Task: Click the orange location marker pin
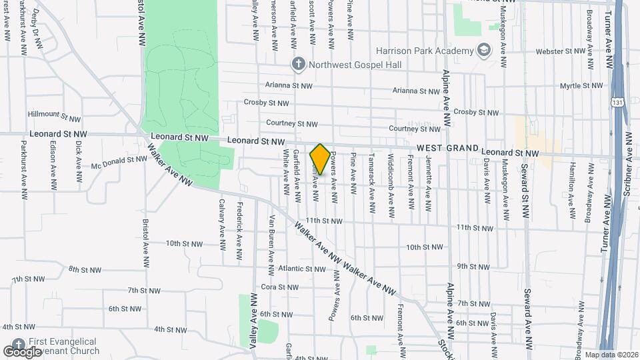pos(319,159)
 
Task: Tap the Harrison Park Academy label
pos(423,50)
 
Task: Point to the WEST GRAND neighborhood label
pos(448,148)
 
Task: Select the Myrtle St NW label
pos(581,86)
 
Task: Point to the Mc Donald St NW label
pos(119,161)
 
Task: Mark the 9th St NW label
pos(473,266)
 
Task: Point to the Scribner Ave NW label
pos(627,181)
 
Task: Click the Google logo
pos(22,351)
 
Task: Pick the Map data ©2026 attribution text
pos(610,355)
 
